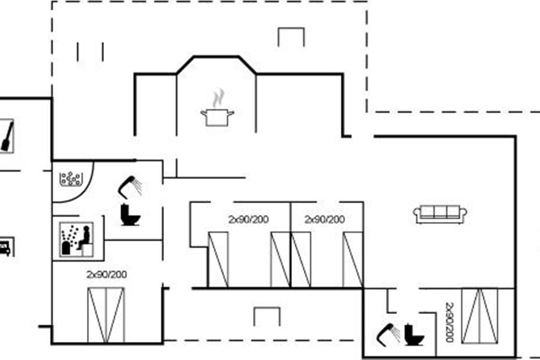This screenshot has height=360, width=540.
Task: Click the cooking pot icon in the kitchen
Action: click(217, 117)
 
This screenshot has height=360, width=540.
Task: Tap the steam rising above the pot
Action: click(218, 98)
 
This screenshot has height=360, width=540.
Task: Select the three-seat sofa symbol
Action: click(440, 214)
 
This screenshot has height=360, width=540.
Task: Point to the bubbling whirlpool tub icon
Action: click(71, 179)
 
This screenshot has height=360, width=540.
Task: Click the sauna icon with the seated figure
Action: click(76, 240)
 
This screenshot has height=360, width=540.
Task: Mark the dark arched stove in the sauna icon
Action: click(66, 247)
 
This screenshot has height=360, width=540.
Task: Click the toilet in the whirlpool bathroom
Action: click(130, 215)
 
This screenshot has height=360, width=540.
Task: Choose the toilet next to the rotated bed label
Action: click(414, 335)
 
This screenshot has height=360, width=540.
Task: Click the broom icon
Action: click(7, 136)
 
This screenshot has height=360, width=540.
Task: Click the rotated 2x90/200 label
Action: click(450, 322)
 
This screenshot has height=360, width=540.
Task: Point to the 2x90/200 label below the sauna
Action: click(107, 274)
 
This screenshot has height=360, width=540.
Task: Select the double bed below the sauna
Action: click(106, 315)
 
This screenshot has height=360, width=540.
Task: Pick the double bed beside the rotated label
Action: click(480, 316)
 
